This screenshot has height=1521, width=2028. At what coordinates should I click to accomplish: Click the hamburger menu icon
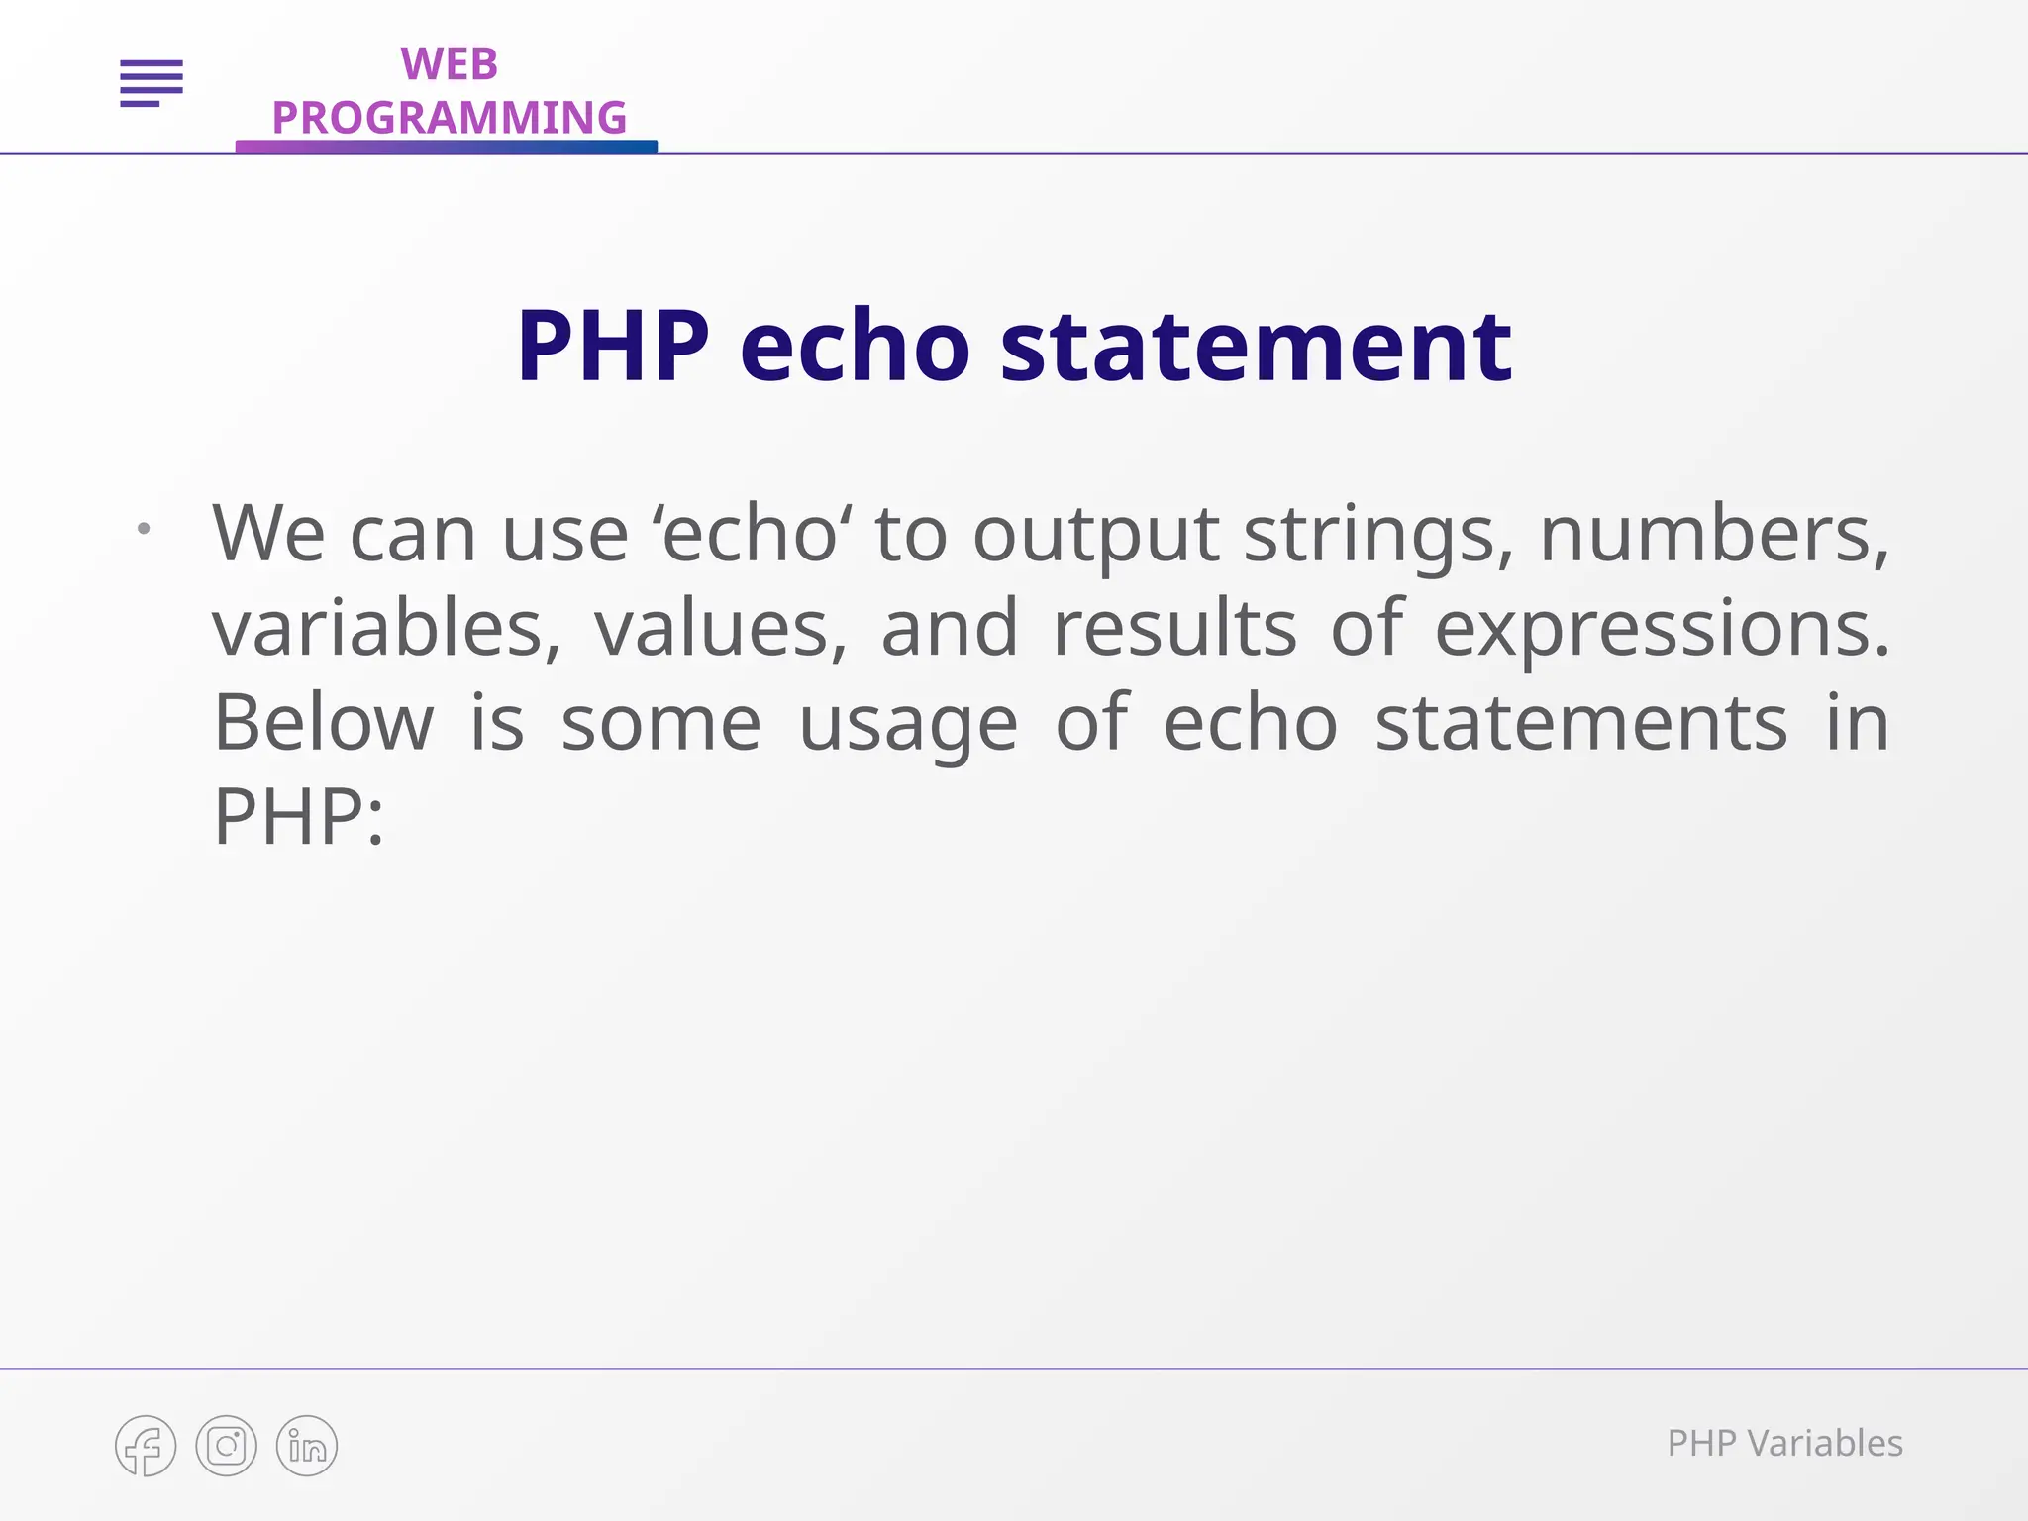coord(152,83)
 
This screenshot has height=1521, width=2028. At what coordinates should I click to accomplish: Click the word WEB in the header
coord(449,65)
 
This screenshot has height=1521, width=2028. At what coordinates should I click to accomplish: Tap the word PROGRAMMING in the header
coord(449,118)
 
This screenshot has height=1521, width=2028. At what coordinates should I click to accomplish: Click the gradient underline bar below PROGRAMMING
coord(446,148)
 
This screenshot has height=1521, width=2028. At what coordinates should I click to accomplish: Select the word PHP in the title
coord(613,347)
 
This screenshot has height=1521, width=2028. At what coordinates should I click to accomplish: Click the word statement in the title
coord(1256,347)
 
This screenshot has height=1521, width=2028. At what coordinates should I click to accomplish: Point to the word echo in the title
coord(855,347)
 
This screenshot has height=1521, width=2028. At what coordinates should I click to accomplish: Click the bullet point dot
coord(145,529)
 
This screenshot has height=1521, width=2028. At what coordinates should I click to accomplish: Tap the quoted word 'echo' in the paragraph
coord(751,535)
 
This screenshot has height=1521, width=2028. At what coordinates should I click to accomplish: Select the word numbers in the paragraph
coord(1714,535)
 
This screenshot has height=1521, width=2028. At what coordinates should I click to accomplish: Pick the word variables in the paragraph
coord(386,629)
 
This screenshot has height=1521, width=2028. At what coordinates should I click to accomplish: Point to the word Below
coord(324,723)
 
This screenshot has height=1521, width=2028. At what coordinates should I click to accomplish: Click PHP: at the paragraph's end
coord(298,817)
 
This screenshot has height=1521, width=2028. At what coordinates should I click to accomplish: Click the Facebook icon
coord(146,1446)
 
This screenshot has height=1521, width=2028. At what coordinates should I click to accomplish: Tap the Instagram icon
coord(227,1446)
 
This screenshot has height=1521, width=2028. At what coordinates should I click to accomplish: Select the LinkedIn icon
coord(307,1446)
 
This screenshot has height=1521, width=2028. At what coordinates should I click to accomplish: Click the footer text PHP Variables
coord(1784,1444)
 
